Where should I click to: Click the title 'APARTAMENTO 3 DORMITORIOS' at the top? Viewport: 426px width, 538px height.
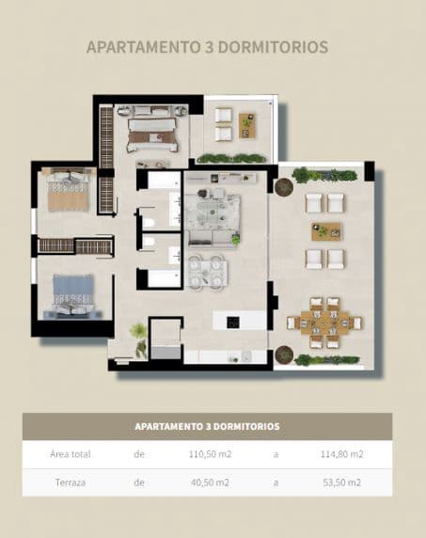click(x=207, y=46)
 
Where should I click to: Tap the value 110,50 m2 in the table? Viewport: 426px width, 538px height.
click(x=210, y=454)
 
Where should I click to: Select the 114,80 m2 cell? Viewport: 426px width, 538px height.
click(x=340, y=454)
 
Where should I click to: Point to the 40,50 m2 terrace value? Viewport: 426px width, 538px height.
click(x=210, y=483)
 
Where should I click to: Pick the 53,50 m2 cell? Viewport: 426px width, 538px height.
click(x=340, y=483)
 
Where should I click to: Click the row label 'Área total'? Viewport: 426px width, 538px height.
click(x=71, y=454)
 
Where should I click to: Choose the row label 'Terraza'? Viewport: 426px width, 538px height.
click(x=71, y=483)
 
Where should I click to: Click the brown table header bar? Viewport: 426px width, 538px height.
click(x=207, y=426)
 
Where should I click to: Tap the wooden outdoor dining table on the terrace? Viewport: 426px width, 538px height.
click(x=324, y=323)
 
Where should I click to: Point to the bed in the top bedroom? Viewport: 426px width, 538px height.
click(x=152, y=132)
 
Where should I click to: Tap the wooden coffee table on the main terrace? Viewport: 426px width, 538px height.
click(x=325, y=230)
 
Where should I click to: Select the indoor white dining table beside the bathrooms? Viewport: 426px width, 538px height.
click(x=206, y=271)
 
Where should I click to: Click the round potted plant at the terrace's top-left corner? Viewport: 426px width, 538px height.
click(x=284, y=186)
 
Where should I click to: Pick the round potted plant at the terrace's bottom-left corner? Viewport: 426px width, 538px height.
click(x=284, y=355)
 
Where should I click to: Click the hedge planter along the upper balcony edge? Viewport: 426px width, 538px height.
click(x=230, y=158)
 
